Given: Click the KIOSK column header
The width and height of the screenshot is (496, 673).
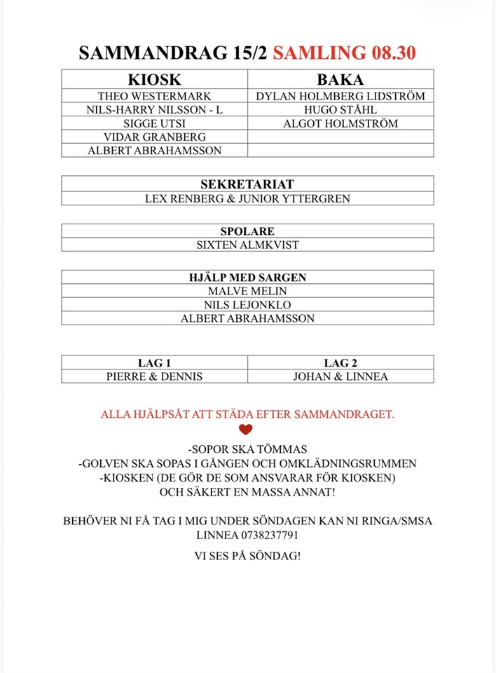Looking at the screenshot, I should (154, 79).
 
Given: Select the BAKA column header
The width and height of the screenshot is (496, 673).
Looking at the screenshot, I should (340, 79).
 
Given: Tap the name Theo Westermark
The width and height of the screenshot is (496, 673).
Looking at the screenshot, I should (154, 96).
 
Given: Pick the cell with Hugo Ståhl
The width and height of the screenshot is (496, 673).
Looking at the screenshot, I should (340, 109).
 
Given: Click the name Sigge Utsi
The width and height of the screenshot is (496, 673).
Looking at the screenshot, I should (154, 123).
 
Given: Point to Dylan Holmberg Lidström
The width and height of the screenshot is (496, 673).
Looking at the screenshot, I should (340, 96).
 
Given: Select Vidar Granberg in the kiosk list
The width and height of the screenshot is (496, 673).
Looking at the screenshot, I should (154, 137).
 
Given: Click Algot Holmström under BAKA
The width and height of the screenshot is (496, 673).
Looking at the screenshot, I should (340, 123).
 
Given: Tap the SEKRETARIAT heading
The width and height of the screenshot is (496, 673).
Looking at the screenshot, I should (247, 184).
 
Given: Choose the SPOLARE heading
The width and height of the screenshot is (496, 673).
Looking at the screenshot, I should (247, 231).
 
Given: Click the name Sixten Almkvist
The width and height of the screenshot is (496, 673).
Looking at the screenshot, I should (247, 245).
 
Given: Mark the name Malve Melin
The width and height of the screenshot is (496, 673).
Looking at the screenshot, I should (247, 291).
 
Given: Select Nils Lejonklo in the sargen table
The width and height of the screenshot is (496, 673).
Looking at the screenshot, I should (247, 305).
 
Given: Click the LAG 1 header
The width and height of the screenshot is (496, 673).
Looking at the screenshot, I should (154, 362).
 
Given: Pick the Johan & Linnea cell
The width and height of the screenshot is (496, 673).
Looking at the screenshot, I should (340, 376).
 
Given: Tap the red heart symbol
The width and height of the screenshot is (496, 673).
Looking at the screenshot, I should (245, 430).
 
